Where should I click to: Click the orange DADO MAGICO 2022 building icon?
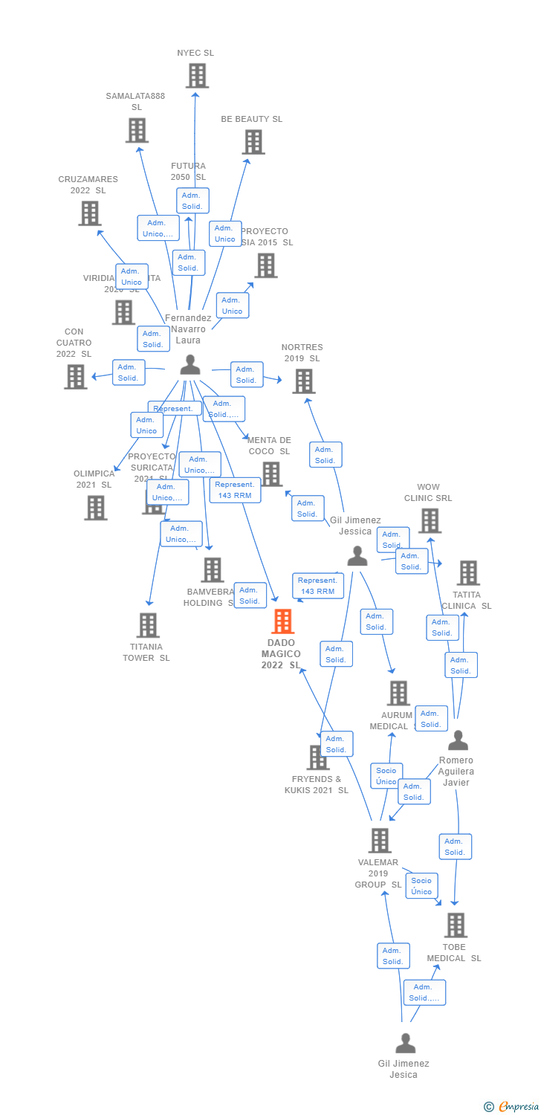tap(283, 621)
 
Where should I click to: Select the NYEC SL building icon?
tap(197, 75)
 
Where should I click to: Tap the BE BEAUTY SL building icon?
tap(253, 142)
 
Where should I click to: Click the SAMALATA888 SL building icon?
tap(137, 130)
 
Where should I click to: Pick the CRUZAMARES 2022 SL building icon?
tap(90, 213)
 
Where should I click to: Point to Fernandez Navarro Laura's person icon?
tap(190, 364)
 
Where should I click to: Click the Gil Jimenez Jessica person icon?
tap(357, 555)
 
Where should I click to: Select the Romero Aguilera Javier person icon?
tap(458, 740)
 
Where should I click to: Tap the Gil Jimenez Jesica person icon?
tap(405, 1043)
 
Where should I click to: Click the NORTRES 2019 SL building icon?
tap(303, 381)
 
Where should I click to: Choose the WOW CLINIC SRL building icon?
tap(430, 520)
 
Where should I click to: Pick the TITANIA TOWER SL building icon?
tap(149, 625)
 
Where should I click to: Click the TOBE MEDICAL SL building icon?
tap(456, 925)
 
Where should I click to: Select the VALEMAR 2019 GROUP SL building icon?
tap(380, 840)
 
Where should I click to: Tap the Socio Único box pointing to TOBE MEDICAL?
tap(421, 886)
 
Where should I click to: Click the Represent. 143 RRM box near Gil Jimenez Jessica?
tap(317, 586)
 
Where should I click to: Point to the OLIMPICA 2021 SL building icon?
tap(96, 508)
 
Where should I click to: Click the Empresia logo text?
tap(513, 1107)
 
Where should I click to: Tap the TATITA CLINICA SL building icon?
tap(468, 572)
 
